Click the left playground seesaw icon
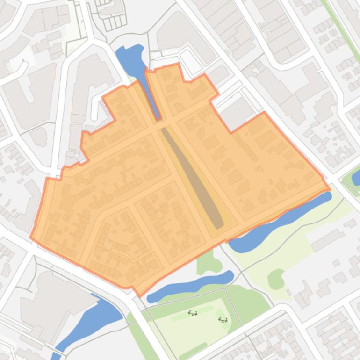point(193,313)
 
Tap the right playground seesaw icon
point(223,320)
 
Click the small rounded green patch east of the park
point(276,279)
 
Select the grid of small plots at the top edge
point(112,14)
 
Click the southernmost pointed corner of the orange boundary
point(140,296)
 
